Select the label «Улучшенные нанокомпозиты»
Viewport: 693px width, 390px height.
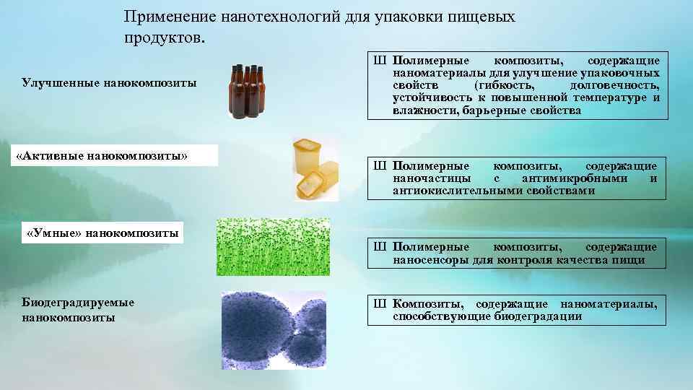pos(110,83)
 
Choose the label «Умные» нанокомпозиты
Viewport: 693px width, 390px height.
pos(102,233)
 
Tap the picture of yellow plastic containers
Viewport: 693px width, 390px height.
pos(316,169)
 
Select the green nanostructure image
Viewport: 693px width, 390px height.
pos(273,247)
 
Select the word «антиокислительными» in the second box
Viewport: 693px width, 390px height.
pos(449,191)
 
